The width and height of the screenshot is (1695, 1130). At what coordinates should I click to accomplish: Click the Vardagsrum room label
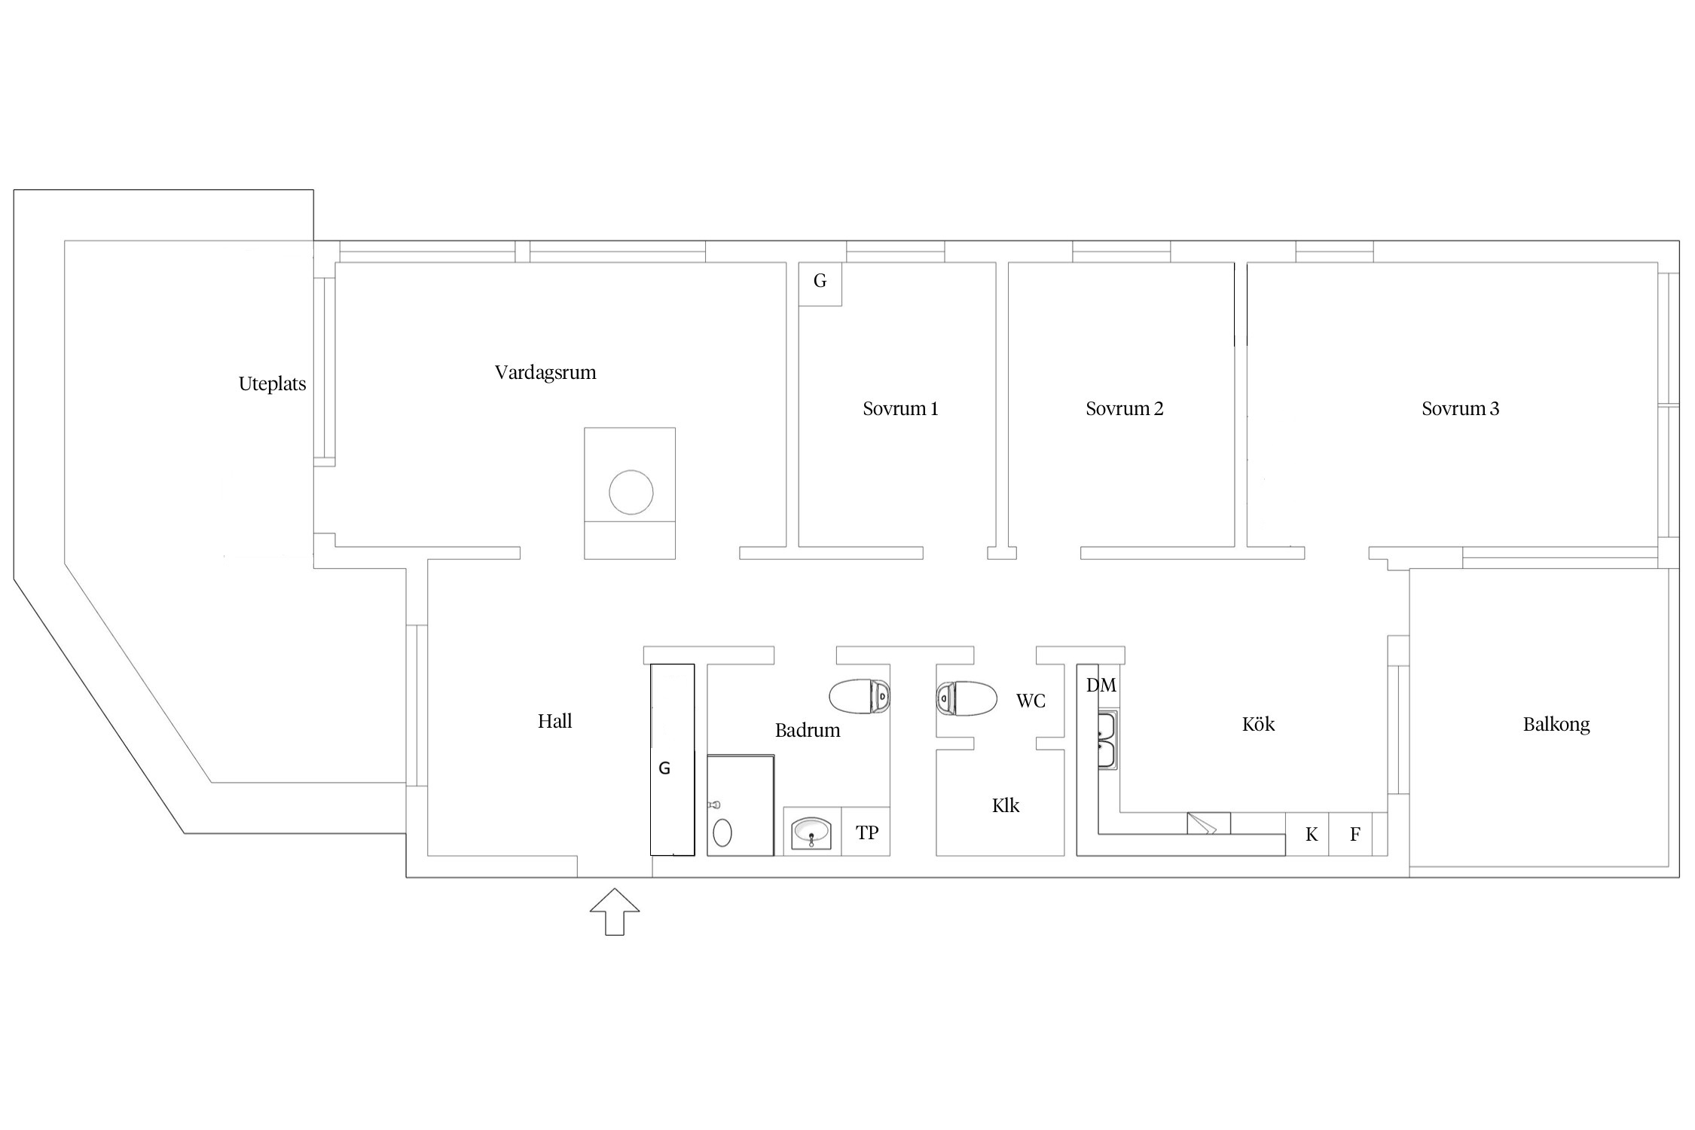tap(545, 373)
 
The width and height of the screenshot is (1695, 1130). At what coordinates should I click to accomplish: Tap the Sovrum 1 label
tap(900, 409)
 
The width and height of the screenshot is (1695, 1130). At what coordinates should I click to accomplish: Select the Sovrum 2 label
tap(1124, 409)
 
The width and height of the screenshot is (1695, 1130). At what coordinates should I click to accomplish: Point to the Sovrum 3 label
tap(1460, 409)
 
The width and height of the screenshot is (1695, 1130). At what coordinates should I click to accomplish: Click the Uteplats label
tap(272, 384)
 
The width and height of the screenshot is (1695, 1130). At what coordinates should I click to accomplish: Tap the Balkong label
tap(1556, 725)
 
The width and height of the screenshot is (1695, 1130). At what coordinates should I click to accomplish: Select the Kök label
tap(1258, 725)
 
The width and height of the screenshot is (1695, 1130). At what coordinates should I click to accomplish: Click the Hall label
tap(554, 722)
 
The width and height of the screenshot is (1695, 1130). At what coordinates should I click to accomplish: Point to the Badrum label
tap(808, 730)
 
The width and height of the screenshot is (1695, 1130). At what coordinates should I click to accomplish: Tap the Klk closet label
tap(1006, 806)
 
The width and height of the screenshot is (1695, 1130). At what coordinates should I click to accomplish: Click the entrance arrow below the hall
tap(615, 912)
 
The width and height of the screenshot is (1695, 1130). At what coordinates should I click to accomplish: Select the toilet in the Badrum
tap(860, 697)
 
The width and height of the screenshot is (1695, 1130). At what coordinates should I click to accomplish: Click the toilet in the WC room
tap(967, 698)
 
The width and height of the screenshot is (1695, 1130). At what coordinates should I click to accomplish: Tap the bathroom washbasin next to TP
tap(811, 832)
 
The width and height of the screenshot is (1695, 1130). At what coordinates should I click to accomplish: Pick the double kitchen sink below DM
tap(1107, 740)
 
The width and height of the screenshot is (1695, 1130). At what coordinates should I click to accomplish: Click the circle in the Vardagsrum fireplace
tap(631, 492)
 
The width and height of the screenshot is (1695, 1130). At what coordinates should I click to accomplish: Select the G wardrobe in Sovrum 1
tap(820, 284)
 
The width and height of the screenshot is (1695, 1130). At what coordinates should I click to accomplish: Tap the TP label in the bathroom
tap(867, 833)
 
